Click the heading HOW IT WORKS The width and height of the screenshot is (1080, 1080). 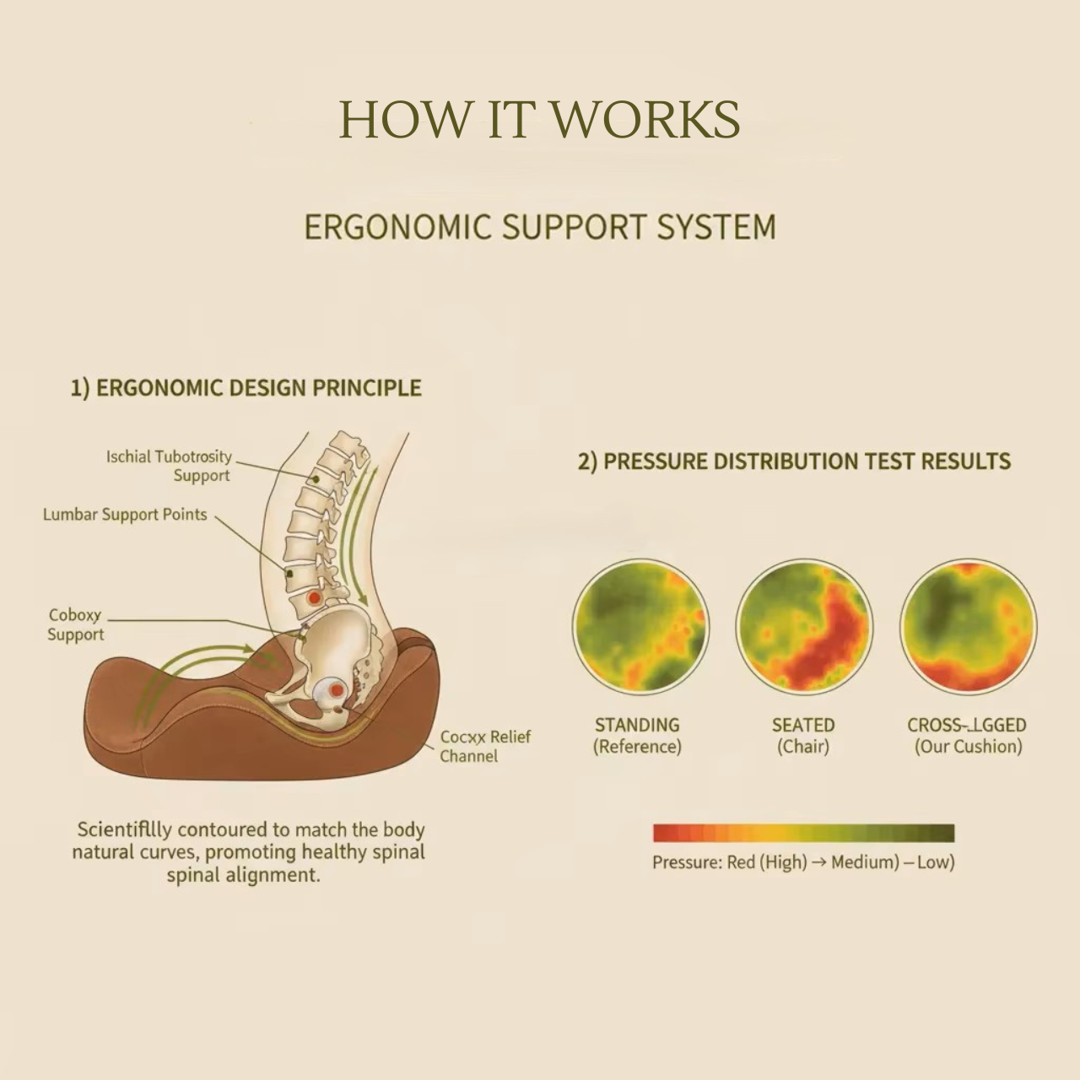[x=539, y=119]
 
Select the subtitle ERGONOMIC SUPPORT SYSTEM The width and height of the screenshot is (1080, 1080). [x=539, y=227]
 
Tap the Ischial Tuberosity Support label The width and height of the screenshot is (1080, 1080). [x=169, y=466]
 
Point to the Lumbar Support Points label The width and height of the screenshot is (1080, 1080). [x=125, y=515]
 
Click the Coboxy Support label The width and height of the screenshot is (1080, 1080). [x=75, y=625]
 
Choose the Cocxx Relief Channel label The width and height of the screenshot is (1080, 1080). [x=484, y=746]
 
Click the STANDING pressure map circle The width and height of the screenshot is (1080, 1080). [x=640, y=626]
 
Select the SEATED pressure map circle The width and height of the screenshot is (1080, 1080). [x=804, y=626]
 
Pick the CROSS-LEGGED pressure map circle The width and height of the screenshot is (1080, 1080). [x=968, y=626]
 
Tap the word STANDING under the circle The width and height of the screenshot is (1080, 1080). [x=637, y=725]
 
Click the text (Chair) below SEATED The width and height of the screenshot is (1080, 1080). [x=803, y=747]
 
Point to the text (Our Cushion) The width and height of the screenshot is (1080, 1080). [x=968, y=747]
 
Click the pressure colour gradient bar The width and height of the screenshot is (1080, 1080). [x=803, y=834]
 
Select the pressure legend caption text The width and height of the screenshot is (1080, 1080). [x=803, y=862]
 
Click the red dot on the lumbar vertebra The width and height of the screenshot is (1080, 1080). [x=314, y=597]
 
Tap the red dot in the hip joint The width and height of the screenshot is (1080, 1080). [x=337, y=690]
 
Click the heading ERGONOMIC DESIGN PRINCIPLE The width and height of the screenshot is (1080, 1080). [x=246, y=388]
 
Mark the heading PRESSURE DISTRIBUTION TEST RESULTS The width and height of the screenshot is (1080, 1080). [x=794, y=462]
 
